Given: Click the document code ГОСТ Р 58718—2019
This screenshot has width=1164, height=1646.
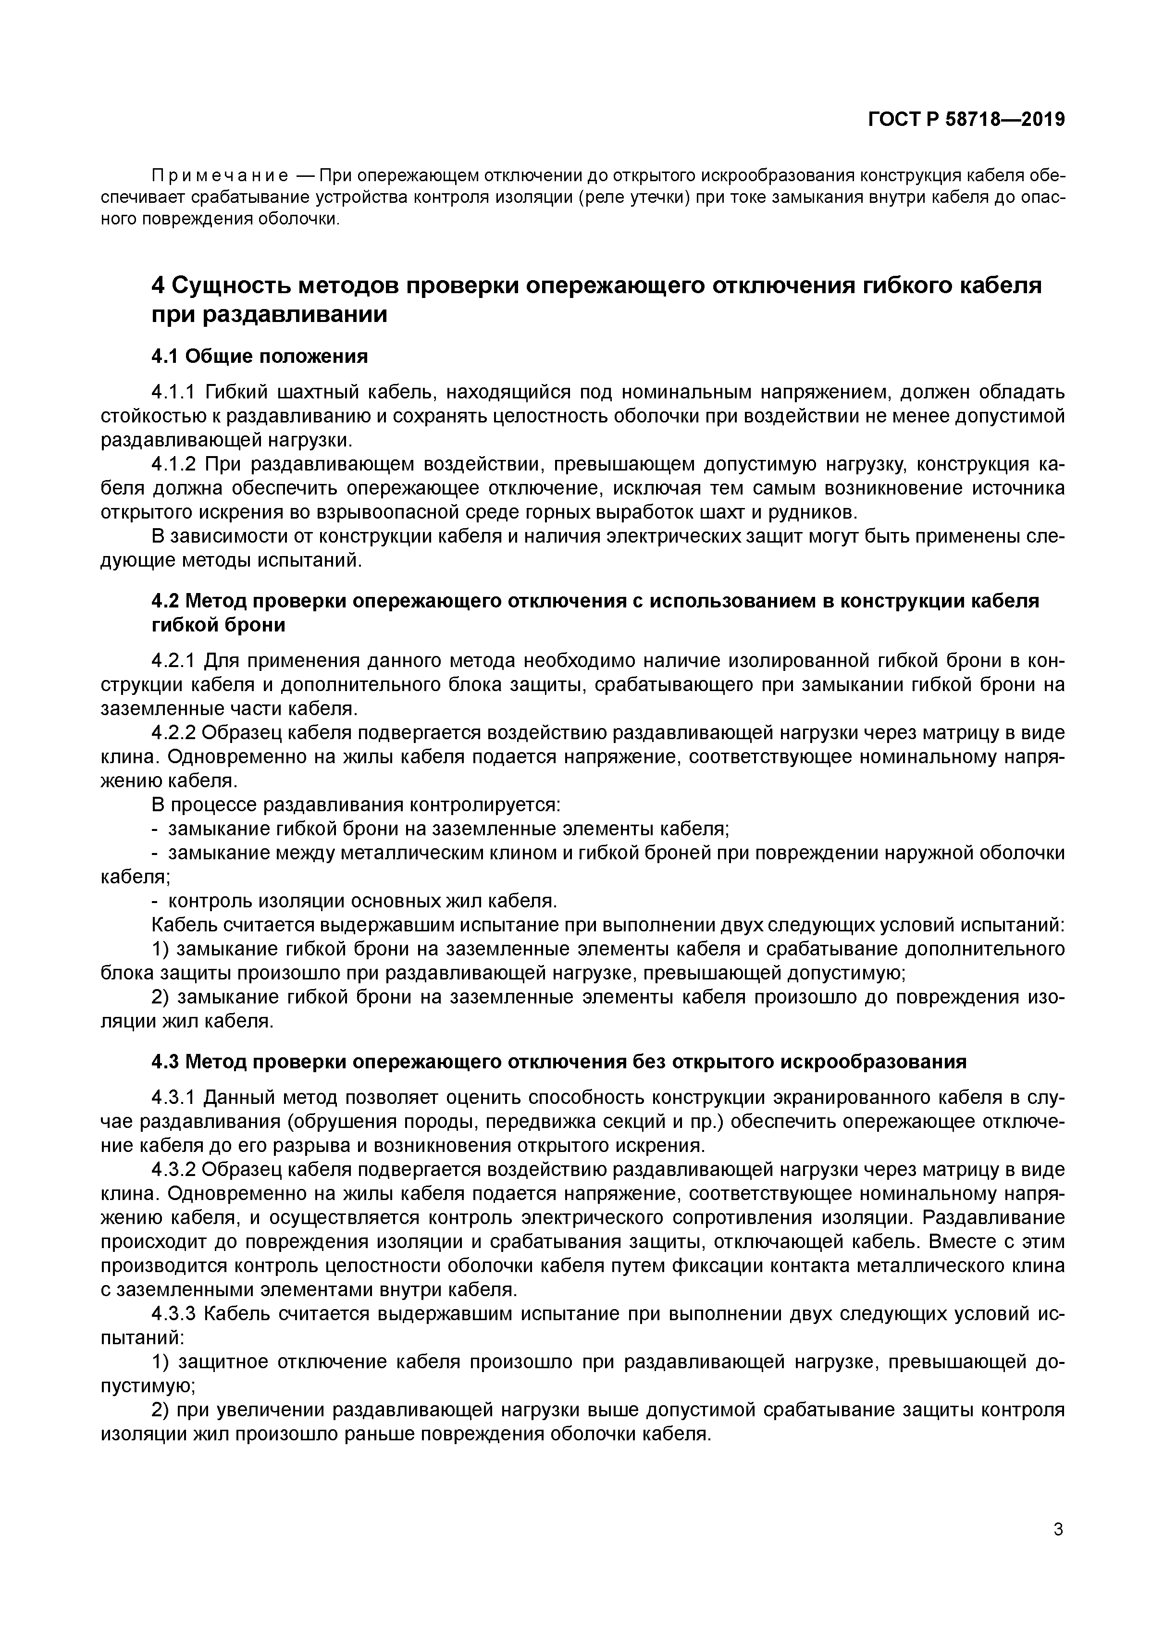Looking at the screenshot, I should [x=966, y=120].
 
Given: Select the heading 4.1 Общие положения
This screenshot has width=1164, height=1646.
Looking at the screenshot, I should [x=260, y=356].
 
